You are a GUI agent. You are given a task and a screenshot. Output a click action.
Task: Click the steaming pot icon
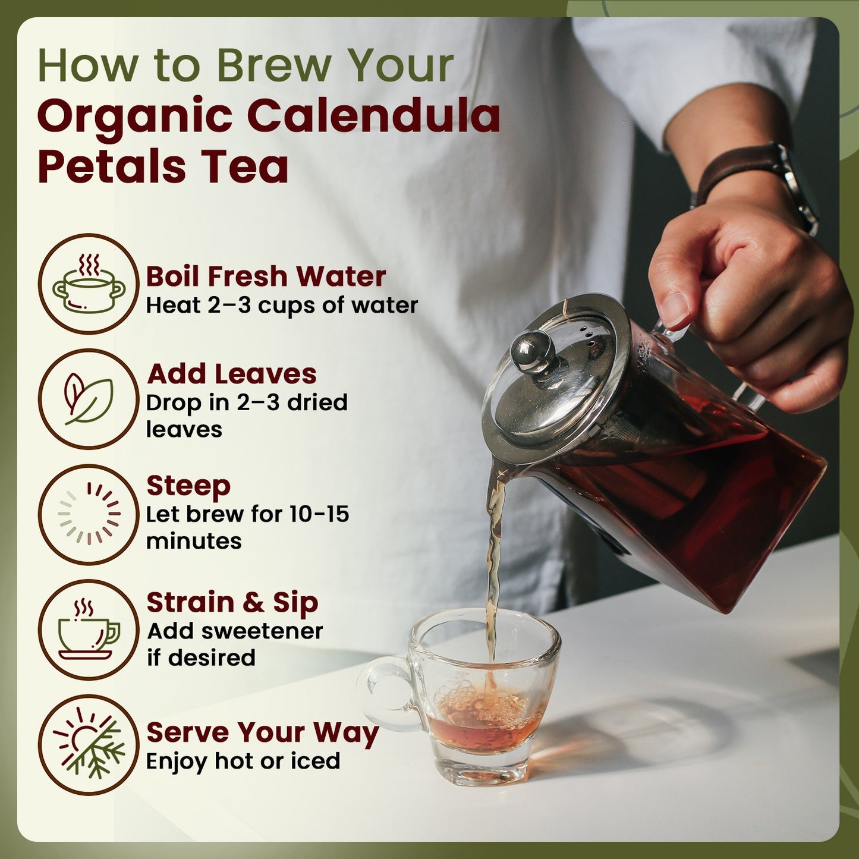pyautogui.click(x=89, y=284)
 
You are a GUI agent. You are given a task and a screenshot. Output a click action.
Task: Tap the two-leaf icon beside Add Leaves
pyautogui.click(x=89, y=399)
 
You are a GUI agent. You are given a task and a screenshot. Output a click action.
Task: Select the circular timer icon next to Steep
pyautogui.click(x=89, y=514)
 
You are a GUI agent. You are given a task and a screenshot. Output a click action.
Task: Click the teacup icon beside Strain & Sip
pyautogui.click(x=89, y=630)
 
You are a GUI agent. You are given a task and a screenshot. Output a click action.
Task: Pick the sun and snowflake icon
pyautogui.click(x=89, y=745)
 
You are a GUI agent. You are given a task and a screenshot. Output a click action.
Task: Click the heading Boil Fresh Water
pyautogui.click(x=266, y=276)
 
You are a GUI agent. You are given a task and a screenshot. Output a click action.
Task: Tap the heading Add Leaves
pyautogui.click(x=232, y=374)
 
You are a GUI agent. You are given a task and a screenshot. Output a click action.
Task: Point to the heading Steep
pyautogui.click(x=188, y=486)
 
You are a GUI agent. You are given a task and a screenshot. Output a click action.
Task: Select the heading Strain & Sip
pyautogui.click(x=232, y=602)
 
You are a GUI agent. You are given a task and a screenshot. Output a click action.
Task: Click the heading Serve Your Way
pyautogui.click(x=262, y=732)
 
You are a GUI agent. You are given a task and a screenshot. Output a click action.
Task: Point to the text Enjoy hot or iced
pyautogui.click(x=243, y=761)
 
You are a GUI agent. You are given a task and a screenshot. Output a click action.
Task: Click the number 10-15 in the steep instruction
pyautogui.click(x=319, y=514)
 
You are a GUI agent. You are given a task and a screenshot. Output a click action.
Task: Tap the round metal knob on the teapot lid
pyautogui.click(x=533, y=351)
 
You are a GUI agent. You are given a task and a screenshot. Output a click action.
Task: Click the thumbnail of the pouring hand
pyautogui.click(x=674, y=310)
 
